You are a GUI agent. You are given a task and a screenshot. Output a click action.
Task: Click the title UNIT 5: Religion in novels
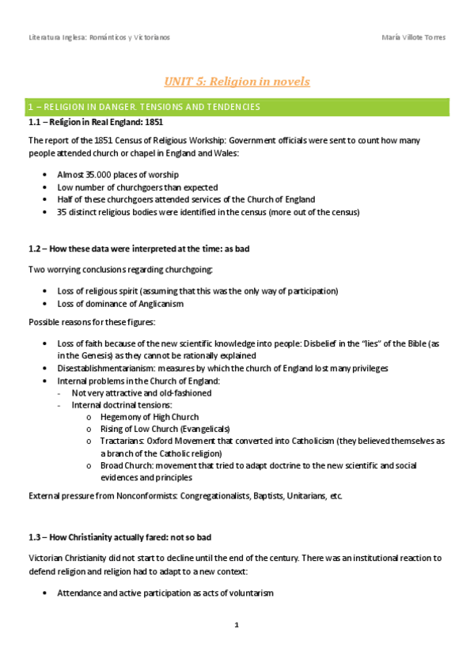pos(237,82)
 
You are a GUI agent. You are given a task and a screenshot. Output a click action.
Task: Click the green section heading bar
pos(237,106)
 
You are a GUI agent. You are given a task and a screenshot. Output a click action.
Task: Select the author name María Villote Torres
pos(413,37)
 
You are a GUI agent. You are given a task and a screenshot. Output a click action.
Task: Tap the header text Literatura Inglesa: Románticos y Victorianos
pos(99,37)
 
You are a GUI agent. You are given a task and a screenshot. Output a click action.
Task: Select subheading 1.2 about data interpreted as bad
pos(138,248)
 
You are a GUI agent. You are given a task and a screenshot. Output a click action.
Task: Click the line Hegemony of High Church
pos(150,417)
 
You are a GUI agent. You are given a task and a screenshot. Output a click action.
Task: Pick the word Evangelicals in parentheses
pos(205,429)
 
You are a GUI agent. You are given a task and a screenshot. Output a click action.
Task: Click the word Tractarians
pos(123,441)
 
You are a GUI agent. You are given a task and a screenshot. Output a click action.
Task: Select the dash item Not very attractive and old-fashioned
pos(142,392)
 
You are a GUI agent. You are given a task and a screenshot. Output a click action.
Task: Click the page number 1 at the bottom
pos(237,625)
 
